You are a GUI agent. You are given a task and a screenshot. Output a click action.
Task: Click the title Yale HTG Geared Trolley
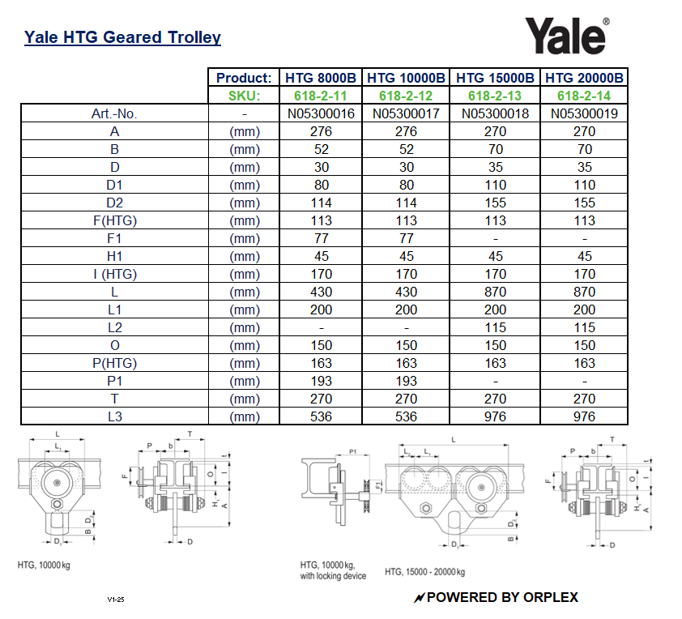coord(122,37)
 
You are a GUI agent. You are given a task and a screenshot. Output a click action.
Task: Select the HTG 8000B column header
coord(322,79)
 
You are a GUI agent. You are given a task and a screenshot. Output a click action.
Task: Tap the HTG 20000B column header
coord(584,79)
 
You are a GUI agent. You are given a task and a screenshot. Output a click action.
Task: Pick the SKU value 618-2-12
coord(407,96)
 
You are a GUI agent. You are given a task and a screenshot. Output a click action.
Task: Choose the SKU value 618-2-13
coord(496,96)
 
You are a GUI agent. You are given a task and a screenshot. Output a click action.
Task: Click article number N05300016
coord(322,114)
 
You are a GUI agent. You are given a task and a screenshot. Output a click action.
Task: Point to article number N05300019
coord(584,114)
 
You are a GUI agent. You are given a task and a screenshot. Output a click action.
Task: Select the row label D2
coord(115,203)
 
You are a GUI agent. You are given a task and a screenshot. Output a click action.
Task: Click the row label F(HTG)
coord(115,220)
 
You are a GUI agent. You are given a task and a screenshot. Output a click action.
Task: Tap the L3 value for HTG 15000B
coord(496,416)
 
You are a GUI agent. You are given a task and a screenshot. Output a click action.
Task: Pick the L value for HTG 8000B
coord(322,292)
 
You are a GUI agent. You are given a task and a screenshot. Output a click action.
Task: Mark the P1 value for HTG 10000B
coord(407,381)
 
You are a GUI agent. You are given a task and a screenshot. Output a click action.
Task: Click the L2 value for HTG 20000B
coord(584,327)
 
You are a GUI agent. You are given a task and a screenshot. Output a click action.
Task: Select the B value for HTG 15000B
coord(496,149)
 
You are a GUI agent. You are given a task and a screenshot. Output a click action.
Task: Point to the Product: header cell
coord(244,79)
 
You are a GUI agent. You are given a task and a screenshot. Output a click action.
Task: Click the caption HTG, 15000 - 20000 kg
coord(424,572)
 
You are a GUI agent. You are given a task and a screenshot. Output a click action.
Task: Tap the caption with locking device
coord(333,576)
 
